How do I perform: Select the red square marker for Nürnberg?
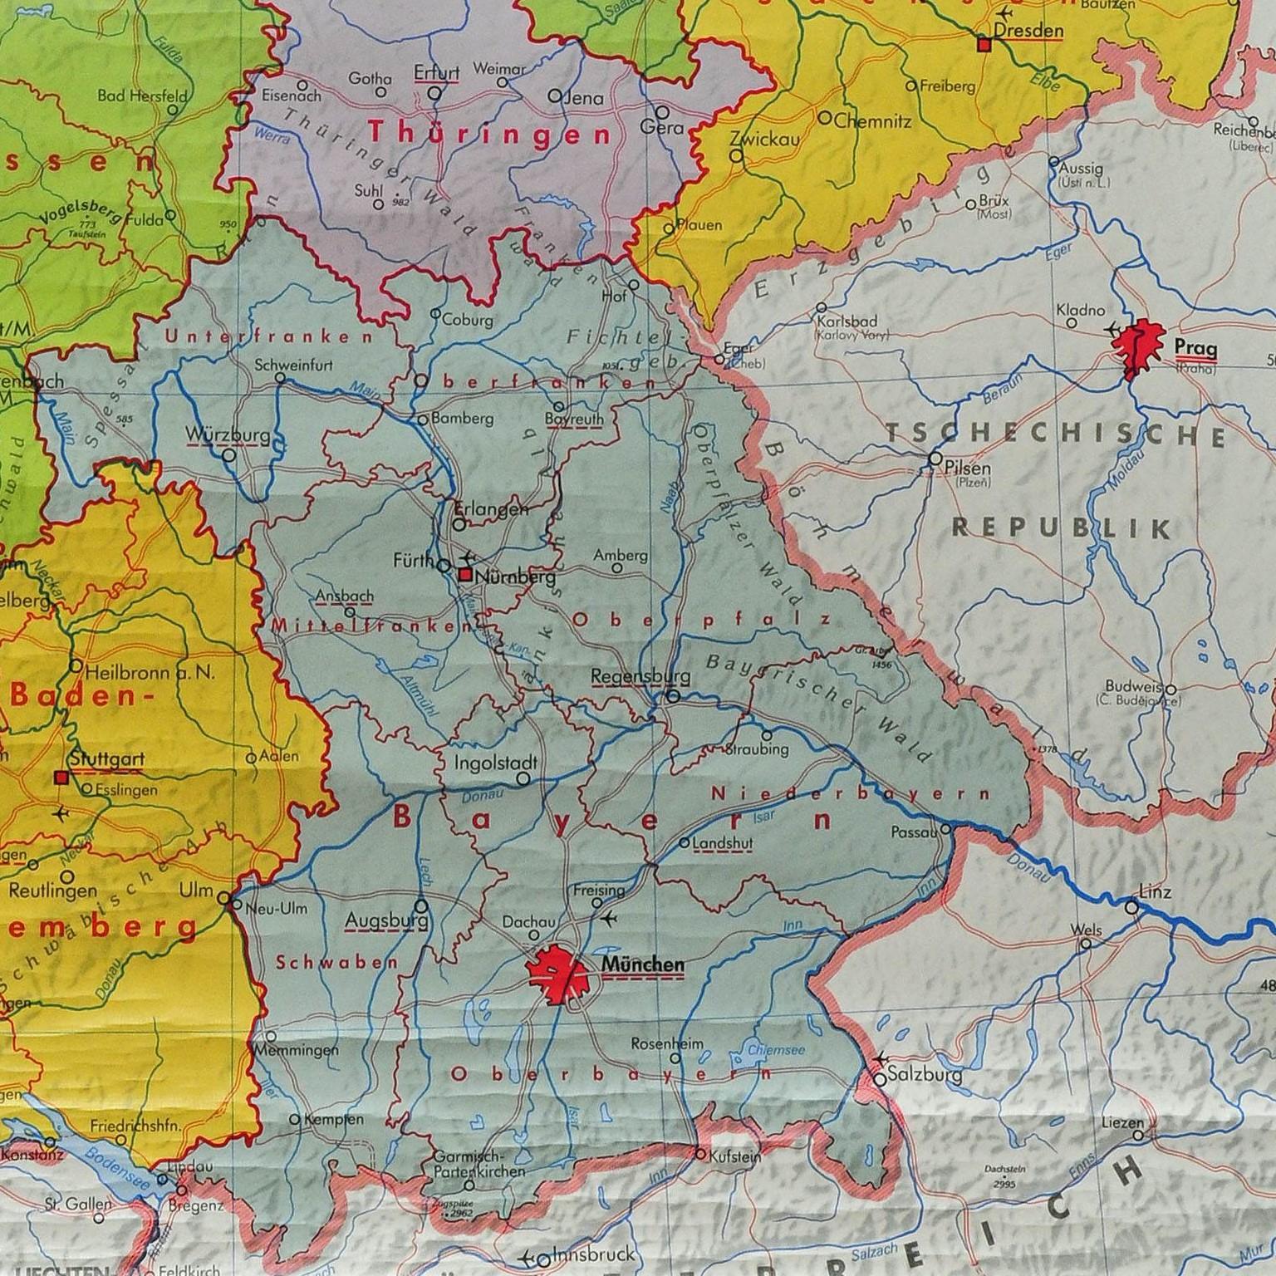466,575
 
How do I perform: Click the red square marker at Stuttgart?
60,778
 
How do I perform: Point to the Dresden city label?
1028,31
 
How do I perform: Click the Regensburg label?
630,676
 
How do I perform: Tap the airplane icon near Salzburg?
880,1059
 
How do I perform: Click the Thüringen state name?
488,133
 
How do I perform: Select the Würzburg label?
216,435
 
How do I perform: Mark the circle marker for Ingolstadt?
523,778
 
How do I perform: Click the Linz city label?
1156,892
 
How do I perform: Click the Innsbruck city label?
586,1254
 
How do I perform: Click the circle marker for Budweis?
1170,690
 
